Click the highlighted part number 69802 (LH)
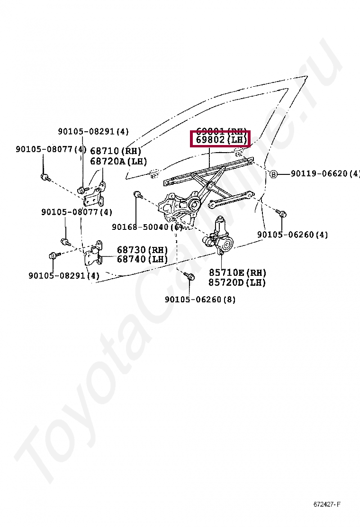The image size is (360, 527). click(x=220, y=140)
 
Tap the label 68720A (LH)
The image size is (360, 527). click(x=118, y=161)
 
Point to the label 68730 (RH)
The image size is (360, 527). click(x=142, y=250)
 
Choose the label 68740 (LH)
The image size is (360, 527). click(x=142, y=259)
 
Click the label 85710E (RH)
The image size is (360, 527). click(x=237, y=273)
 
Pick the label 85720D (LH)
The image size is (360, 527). click(x=237, y=282)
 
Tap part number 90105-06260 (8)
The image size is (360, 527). click(x=200, y=300)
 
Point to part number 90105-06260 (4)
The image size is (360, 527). click(x=292, y=235)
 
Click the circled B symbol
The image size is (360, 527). click(x=273, y=174)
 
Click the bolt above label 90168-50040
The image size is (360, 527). click(x=137, y=194)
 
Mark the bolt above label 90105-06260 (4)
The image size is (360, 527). click(x=283, y=214)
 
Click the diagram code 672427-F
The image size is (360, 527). click(x=327, y=503)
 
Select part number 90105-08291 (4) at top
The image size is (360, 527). click(x=93, y=132)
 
